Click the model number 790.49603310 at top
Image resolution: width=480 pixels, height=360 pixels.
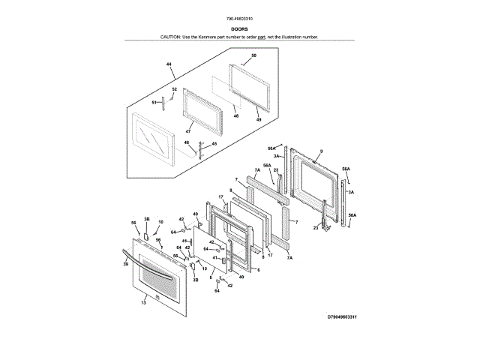click(x=239, y=18)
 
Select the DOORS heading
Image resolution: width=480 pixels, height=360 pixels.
click(x=240, y=28)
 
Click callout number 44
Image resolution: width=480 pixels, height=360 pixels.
click(x=169, y=65)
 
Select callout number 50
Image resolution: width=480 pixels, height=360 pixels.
click(x=253, y=56)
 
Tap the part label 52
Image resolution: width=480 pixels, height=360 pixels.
click(x=174, y=90)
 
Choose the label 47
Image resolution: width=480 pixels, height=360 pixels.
click(x=178, y=131)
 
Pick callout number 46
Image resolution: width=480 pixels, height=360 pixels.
click(x=187, y=142)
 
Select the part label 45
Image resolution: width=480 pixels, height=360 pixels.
click(x=214, y=144)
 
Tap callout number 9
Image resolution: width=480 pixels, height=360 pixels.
click(x=320, y=152)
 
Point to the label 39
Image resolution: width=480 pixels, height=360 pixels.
click(x=126, y=263)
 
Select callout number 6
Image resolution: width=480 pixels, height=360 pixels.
click(x=258, y=270)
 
